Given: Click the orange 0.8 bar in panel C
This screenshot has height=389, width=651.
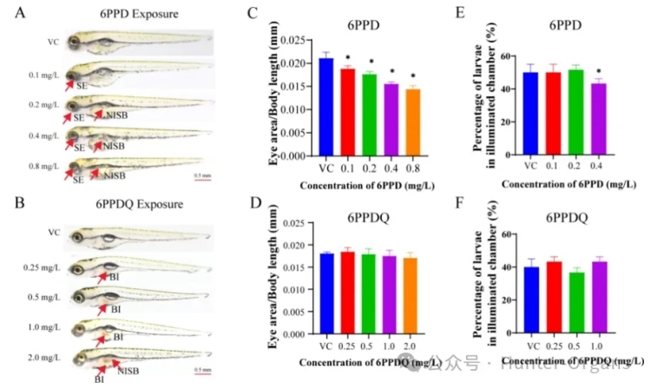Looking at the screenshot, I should [412, 122].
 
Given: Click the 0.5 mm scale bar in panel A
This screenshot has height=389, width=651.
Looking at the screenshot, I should [201, 175].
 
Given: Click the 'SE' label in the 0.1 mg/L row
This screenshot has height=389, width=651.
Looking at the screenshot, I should [81, 86].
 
